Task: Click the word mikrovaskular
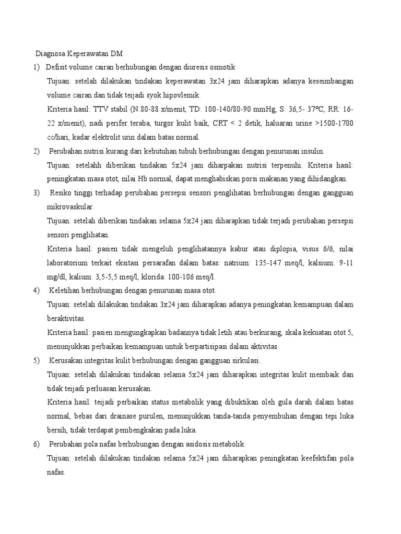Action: [70, 207]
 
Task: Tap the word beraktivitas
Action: [67, 319]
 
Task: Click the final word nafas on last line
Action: [56, 472]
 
